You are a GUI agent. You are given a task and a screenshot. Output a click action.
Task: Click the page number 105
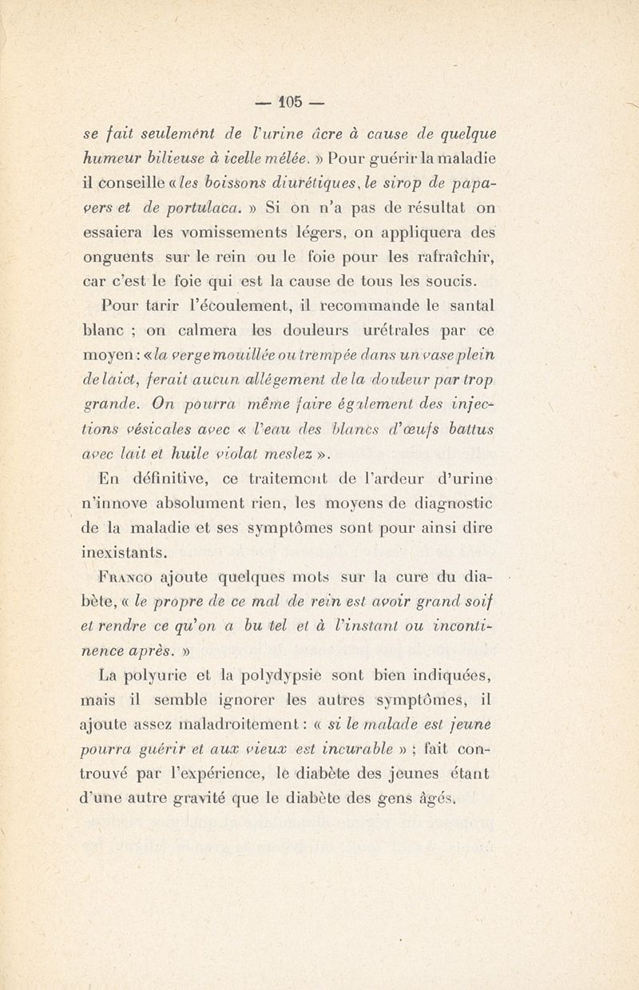point(290,101)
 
